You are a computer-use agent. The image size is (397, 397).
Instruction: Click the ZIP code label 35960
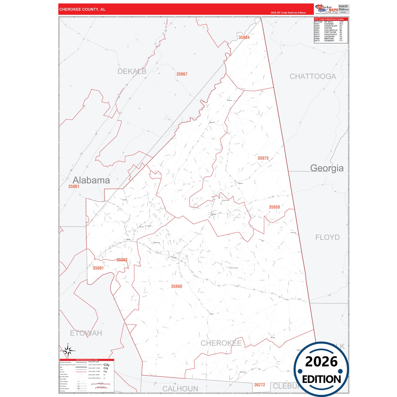point(176,286)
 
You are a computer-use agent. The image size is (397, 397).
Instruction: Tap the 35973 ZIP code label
point(263,158)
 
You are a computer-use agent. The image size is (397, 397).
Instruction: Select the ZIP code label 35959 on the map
point(274,207)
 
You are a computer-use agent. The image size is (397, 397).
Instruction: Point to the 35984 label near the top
point(244,37)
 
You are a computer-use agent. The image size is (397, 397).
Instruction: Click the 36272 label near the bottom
point(259,385)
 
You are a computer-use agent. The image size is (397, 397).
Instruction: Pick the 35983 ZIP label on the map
point(122,260)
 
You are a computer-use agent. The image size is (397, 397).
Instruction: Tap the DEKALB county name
point(132,71)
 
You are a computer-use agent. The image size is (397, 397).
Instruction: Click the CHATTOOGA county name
point(313,76)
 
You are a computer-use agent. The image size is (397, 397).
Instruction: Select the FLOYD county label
point(327,237)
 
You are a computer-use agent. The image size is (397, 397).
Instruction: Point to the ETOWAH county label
point(86,333)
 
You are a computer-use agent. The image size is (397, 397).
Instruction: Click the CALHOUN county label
point(180,389)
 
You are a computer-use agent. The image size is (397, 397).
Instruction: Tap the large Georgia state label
point(327,168)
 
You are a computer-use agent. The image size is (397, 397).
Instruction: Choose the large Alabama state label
point(91,180)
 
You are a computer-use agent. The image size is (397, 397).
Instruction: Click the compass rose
point(68,351)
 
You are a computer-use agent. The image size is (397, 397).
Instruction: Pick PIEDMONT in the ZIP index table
point(329,41)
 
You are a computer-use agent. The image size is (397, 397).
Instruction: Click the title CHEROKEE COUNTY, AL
point(82,9)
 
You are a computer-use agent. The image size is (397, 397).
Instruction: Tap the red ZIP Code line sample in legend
point(81,372)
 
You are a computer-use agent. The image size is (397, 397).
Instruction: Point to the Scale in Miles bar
point(101,384)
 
